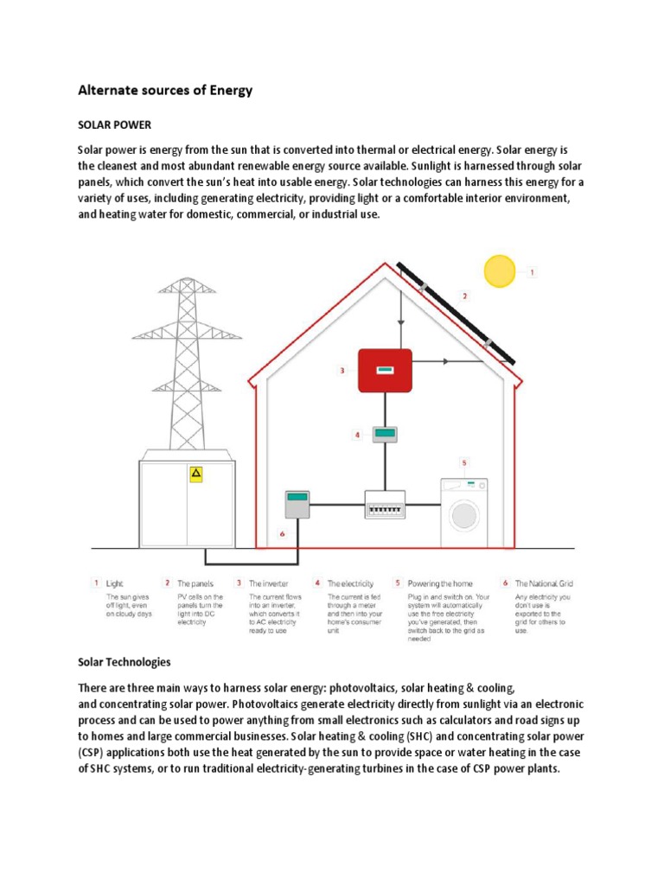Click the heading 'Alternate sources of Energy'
[x=165, y=90]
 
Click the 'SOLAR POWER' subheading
[x=114, y=125]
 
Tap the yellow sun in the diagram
[x=500, y=271]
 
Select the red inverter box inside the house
[x=385, y=370]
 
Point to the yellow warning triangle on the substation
[x=196, y=474]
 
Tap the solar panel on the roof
[x=456, y=313]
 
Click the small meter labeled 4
[x=385, y=434]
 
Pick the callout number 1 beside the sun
[x=533, y=272]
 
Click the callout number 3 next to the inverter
[x=342, y=371]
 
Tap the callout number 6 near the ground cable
[x=282, y=534]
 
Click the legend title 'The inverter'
[x=268, y=583]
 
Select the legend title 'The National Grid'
[x=544, y=583]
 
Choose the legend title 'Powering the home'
[x=440, y=583]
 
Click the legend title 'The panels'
[x=195, y=583]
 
